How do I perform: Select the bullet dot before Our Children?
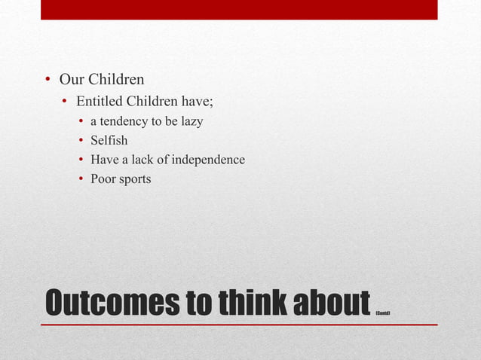pyautogui.click(x=46, y=80)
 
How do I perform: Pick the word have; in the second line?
pyautogui.click(x=197, y=101)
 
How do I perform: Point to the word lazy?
pyautogui.click(x=189, y=121)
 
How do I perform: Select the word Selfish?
pyautogui.click(x=109, y=140)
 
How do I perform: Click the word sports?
pyautogui.click(x=135, y=180)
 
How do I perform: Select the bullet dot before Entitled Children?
pyautogui.click(x=66, y=102)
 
